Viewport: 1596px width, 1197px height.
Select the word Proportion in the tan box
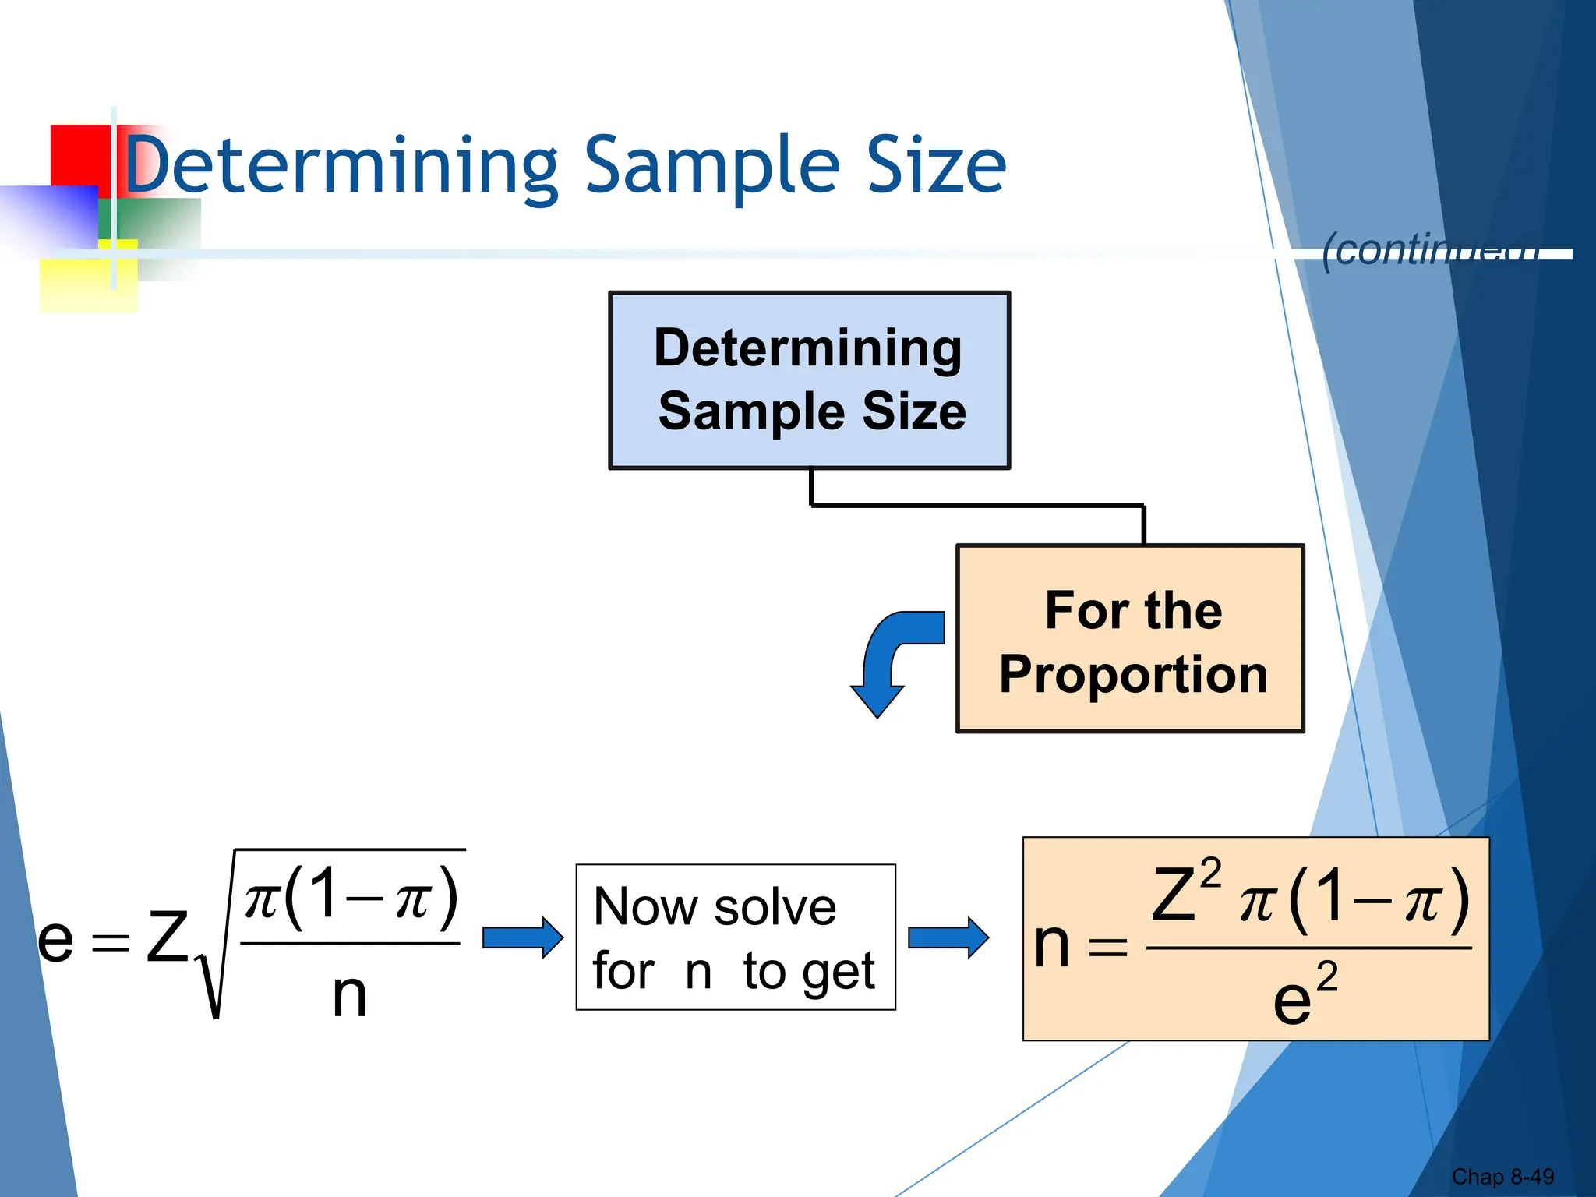point(1133,674)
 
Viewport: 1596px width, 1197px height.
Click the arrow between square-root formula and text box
point(522,937)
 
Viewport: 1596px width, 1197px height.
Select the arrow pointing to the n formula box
point(948,937)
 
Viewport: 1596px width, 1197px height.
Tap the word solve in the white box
point(775,907)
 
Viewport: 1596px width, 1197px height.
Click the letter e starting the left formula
point(55,939)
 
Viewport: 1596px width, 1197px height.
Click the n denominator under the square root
point(348,995)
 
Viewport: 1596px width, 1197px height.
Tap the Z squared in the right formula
point(1183,892)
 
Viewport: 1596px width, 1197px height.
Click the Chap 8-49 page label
point(1502,1176)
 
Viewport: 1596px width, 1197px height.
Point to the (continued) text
point(1430,250)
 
